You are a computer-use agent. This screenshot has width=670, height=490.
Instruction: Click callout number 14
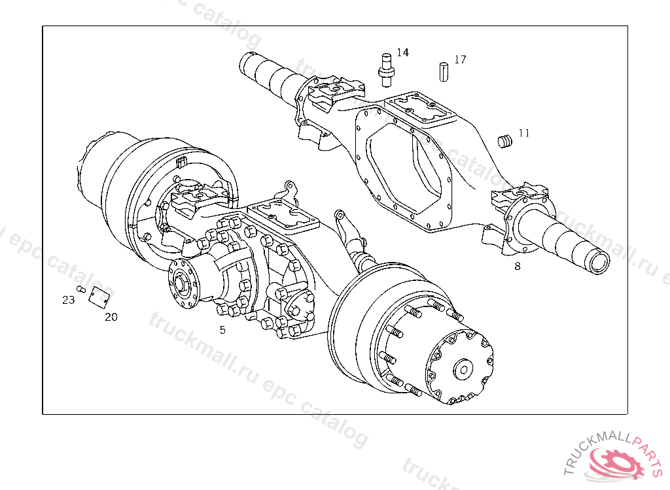click(x=402, y=52)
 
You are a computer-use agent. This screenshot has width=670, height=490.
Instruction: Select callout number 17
click(x=460, y=59)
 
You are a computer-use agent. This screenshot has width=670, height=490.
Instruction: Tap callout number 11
click(x=524, y=133)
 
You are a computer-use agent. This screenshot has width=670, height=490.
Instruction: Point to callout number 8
click(x=518, y=267)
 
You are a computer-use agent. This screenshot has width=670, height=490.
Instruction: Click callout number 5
click(x=222, y=330)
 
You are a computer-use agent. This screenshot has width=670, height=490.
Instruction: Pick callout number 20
click(x=111, y=317)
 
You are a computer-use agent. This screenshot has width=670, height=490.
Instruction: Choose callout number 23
click(x=68, y=300)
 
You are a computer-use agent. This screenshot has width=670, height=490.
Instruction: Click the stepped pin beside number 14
click(x=386, y=70)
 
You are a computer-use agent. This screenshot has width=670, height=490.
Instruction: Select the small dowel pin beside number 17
click(x=444, y=72)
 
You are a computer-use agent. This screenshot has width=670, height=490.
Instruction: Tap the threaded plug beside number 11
click(x=505, y=141)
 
